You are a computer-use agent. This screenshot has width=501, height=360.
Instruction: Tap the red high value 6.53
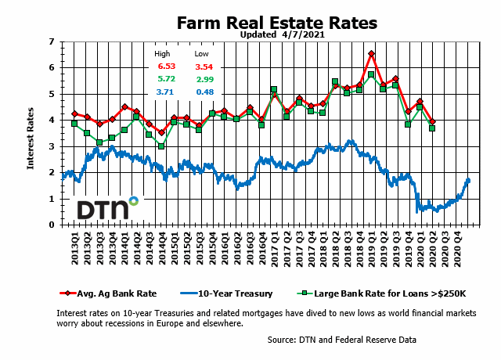pyautogui.click(x=165, y=67)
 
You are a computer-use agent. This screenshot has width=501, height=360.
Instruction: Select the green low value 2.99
pyautogui.click(x=203, y=79)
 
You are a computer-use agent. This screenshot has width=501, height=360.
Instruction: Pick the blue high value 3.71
pyautogui.click(x=165, y=92)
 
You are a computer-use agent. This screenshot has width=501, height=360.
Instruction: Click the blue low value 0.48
pyautogui.click(x=203, y=92)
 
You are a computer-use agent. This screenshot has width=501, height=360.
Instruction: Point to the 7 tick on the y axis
pyautogui.click(x=52, y=41)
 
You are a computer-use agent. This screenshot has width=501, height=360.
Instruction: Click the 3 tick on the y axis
pyautogui.click(x=52, y=146)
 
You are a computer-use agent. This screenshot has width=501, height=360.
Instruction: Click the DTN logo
pyautogui.click(x=106, y=209)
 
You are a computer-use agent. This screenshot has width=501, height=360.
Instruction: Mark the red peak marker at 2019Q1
pyautogui.click(x=371, y=53)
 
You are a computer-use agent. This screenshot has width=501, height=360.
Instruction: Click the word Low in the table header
pyautogui.click(x=201, y=54)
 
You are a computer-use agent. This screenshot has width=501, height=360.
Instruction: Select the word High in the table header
pyautogui.click(x=162, y=54)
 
